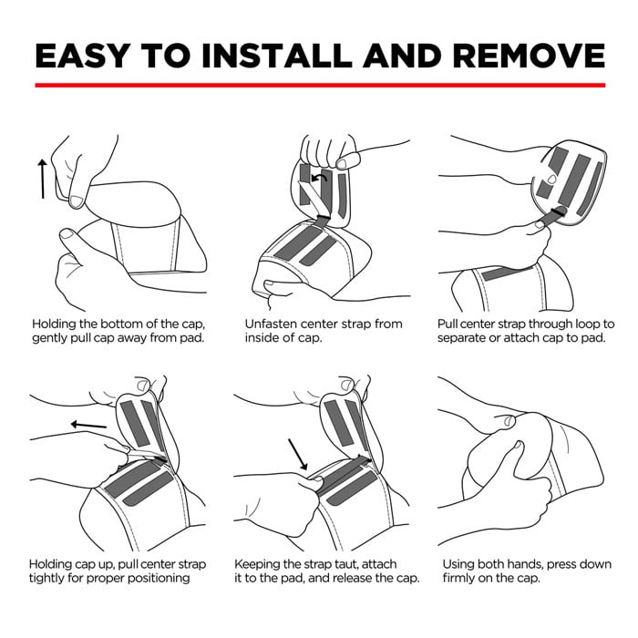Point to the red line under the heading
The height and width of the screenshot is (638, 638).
(320, 85)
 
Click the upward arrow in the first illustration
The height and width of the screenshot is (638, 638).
(42, 179)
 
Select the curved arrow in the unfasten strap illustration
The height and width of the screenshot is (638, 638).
(319, 178)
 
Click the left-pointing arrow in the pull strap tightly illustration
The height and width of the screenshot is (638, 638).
(88, 426)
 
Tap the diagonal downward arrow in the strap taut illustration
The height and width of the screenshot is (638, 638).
(297, 454)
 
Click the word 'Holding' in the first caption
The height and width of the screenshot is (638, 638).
(54, 324)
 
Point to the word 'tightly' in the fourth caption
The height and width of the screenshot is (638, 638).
(46, 579)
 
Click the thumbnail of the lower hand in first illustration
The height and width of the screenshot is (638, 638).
(67, 234)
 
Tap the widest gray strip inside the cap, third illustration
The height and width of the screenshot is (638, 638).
(573, 180)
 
